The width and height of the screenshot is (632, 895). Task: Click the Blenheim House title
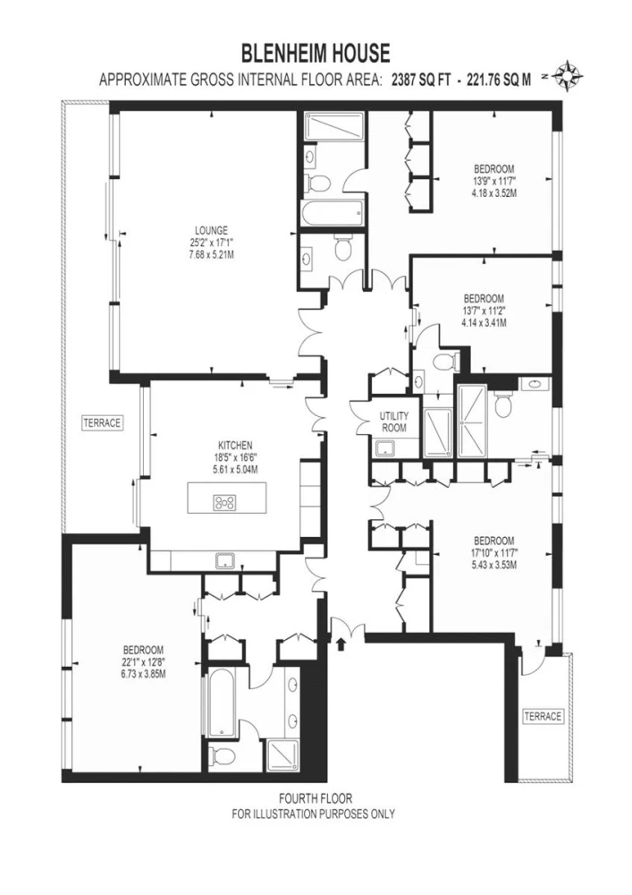tap(316, 54)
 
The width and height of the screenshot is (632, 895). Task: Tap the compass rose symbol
tap(568, 75)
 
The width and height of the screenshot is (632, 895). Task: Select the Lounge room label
tap(212, 231)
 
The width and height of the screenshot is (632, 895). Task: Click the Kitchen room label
tap(235, 445)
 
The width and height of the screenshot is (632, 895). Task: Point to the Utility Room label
tap(394, 422)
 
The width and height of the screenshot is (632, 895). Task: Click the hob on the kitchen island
tap(224, 502)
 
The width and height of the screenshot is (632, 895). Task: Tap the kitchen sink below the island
tap(225, 560)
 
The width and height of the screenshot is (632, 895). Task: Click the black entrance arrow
tap(341, 644)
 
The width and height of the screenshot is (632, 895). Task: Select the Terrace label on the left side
tap(103, 423)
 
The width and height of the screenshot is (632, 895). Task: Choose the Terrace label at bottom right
tap(544, 716)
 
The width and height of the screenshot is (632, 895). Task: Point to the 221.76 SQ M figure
tap(499, 80)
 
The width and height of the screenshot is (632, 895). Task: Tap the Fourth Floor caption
tap(316, 798)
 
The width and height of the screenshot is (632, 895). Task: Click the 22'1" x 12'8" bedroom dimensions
tap(144, 662)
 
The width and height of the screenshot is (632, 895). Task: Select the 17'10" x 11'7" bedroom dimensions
tap(494, 553)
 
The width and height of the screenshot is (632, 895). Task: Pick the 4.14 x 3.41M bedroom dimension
tap(484, 323)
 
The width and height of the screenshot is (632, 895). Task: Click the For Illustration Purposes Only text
tap(314, 814)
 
